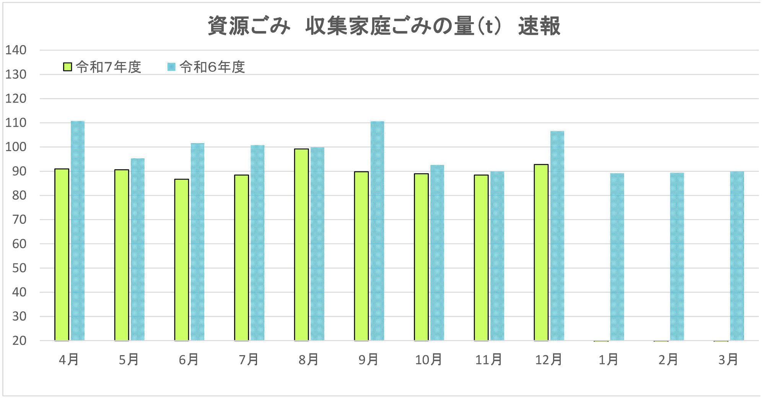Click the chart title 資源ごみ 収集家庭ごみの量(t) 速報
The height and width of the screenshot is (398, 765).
[x=384, y=26]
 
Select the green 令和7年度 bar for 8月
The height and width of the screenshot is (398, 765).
[x=301, y=245]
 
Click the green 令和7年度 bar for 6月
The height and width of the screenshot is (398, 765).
[x=182, y=260]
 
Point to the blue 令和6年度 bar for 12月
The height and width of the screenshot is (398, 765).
[x=557, y=236]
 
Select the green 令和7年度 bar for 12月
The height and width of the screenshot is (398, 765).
[x=541, y=253]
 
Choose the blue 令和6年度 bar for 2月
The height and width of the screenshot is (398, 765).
[x=677, y=257]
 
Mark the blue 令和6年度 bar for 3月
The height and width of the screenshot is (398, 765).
[x=737, y=256]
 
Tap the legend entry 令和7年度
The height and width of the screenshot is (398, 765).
[x=103, y=67]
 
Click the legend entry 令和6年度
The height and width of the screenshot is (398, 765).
[x=207, y=67]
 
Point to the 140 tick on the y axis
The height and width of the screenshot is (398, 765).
[x=16, y=50]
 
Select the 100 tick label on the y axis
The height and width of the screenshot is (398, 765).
[x=16, y=147]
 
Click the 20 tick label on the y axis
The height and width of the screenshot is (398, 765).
[x=19, y=341]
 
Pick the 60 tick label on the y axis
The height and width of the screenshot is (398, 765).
[x=19, y=244]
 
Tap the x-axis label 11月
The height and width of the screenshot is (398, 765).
[x=488, y=360]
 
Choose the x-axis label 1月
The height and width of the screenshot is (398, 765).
[x=608, y=360]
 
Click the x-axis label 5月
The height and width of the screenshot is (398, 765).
[x=129, y=360]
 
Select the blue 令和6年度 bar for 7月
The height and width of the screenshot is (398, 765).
[x=257, y=243]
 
